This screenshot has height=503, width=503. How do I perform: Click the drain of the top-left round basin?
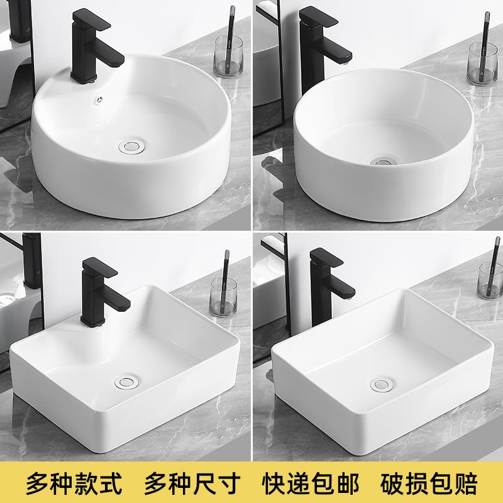coord(132,146)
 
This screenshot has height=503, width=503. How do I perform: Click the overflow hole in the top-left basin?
coord(98,99)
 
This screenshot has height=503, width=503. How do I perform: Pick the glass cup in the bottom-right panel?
coord(490,279)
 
